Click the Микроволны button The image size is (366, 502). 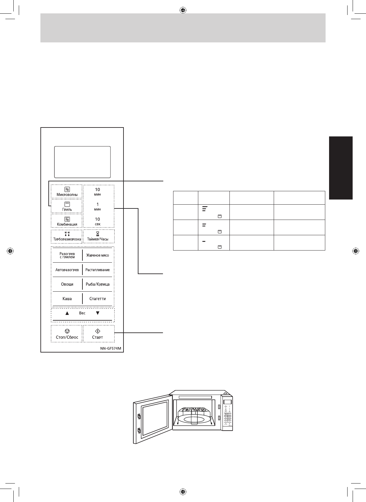click(67, 192)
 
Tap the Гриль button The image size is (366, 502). click(67, 207)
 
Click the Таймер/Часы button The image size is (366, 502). click(98, 236)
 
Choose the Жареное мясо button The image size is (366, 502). click(98, 255)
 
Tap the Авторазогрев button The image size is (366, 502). click(67, 270)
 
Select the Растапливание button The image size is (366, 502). click(98, 270)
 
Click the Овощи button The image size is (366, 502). click(67, 284)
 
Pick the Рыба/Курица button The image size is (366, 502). click(98, 284)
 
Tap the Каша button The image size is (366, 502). click(67, 299)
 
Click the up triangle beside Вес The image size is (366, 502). click(67, 313)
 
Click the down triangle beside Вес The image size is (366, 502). click(98, 313)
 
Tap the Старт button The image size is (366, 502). click(98, 334)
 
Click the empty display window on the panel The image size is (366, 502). click(82, 162)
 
